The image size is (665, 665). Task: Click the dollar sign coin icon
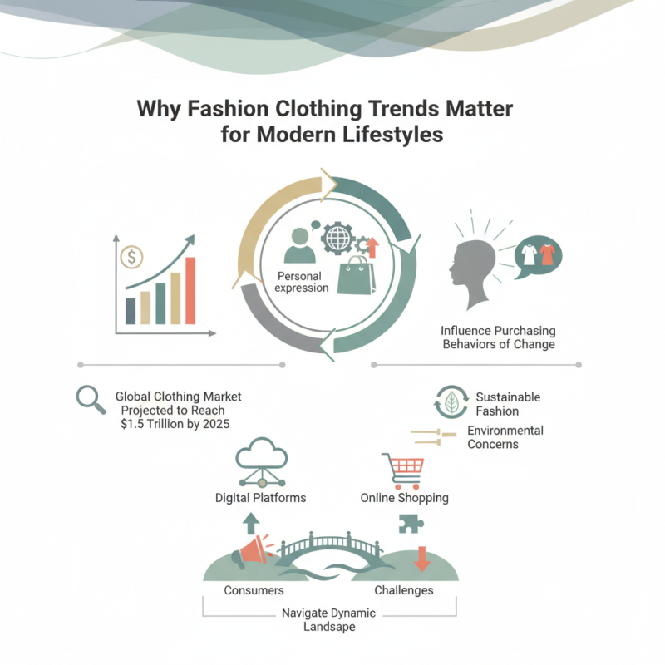click(131, 257)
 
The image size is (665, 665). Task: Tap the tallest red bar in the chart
click(190, 290)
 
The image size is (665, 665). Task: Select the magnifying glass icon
click(91, 400)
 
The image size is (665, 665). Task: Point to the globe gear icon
click(337, 238)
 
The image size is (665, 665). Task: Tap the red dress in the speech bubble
click(547, 255)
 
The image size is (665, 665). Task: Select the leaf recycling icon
click(451, 402)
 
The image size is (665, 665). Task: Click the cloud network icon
click(262, 462)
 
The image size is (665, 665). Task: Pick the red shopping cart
click(403, 470)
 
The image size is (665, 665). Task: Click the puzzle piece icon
click(411, 524)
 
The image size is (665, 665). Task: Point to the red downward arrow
click(422, 559)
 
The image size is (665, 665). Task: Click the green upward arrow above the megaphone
click(251, 524)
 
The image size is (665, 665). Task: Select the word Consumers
click(254, 590)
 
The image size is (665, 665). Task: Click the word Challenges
click(404, 590)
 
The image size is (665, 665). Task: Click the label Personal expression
click(302, 282)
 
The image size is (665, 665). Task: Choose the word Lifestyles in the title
click(392, 135)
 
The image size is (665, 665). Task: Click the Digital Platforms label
click(260, 498)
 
